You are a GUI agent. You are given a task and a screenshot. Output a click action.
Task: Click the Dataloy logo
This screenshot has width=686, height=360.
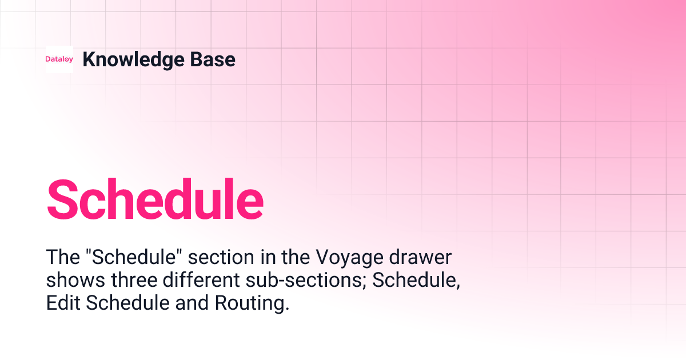point(59,59)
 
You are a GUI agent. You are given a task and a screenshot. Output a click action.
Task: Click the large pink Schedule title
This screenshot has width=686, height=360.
point(155,199)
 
